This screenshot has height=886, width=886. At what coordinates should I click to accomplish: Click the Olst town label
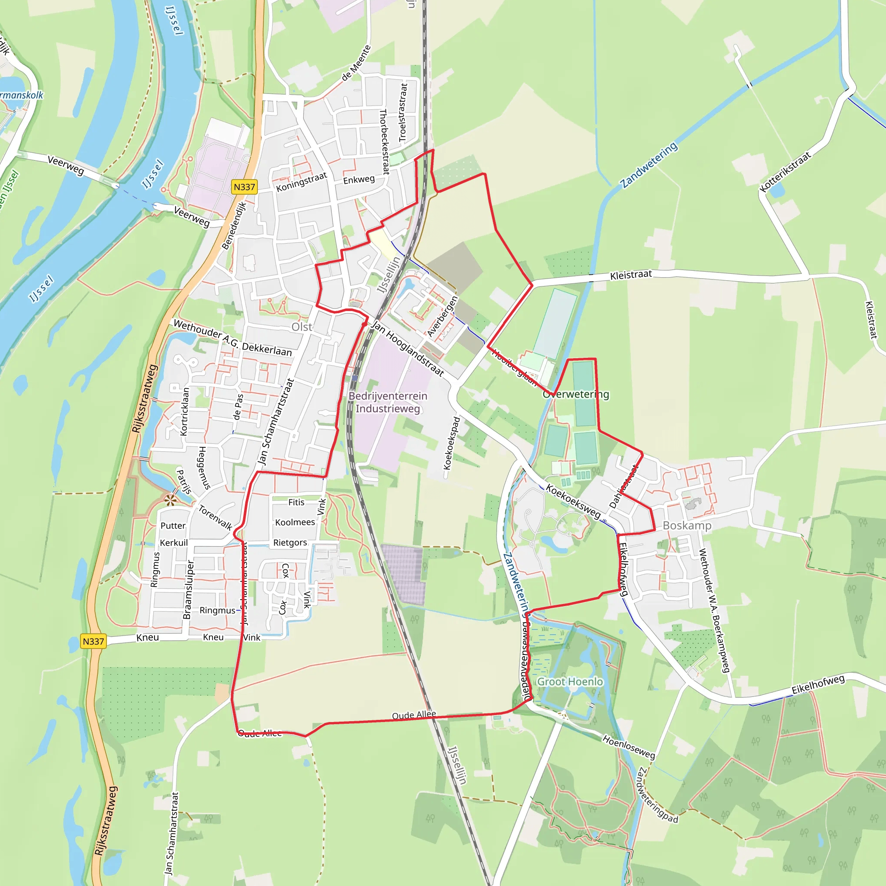coord(302,327)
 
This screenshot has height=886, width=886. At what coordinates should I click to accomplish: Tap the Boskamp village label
coord(687,526)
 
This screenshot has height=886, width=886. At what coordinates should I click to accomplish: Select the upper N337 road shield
coord(244,187)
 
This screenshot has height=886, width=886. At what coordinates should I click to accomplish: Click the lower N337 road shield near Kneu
coord(93,641)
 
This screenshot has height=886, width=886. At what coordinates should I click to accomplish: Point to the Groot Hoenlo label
coord(570,682)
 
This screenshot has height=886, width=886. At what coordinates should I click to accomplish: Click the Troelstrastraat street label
coord(403,112)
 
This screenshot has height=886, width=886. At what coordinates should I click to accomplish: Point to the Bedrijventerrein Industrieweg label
coord(388,402)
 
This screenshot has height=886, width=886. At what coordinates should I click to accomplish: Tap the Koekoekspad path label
coord(452,443)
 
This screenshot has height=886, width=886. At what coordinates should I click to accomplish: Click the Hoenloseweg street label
coord(629,746)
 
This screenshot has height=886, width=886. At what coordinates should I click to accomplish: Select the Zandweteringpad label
coord(657,795)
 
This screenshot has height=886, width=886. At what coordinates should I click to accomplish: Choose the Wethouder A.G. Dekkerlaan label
coord(232,338)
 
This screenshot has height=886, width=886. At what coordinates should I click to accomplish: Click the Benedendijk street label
coord(234,226)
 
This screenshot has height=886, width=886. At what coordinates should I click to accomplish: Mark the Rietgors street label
coord(290,543)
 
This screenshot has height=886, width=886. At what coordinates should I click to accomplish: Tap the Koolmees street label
coord(295,522)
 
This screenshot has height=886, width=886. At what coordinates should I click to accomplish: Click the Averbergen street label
coord(443,316)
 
